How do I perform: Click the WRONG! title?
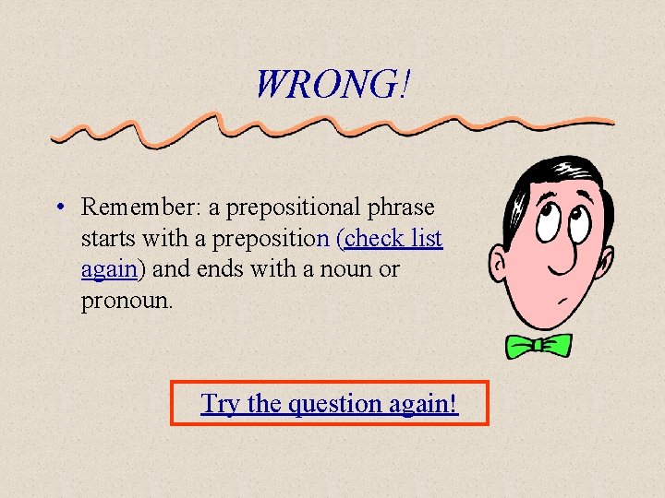coord(332,86)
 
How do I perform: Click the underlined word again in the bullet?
coord(108,270)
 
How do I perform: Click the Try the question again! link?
coord(330,403)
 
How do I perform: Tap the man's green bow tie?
coord(538,346)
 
